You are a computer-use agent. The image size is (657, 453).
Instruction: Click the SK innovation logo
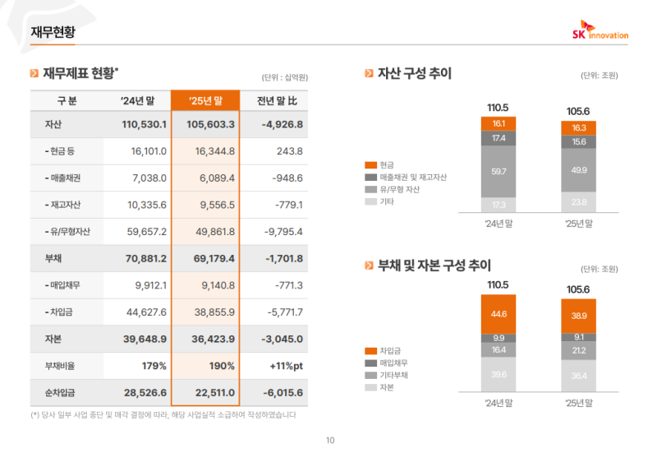click(600, 30)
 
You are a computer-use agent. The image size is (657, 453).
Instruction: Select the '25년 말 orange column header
click(205, 100)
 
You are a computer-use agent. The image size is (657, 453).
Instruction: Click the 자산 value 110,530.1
click(144, 125)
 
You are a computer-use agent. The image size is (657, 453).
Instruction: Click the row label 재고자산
click(67, 205)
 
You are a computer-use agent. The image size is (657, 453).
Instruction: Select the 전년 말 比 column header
click(276, 100)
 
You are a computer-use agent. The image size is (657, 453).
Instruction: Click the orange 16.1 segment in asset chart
click(498, 123)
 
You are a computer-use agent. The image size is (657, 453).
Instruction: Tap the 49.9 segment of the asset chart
click(578, 170)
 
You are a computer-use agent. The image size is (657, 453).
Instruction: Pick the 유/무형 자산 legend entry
click(399, 189)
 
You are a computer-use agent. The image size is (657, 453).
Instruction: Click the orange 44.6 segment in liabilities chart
click(498, 313)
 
